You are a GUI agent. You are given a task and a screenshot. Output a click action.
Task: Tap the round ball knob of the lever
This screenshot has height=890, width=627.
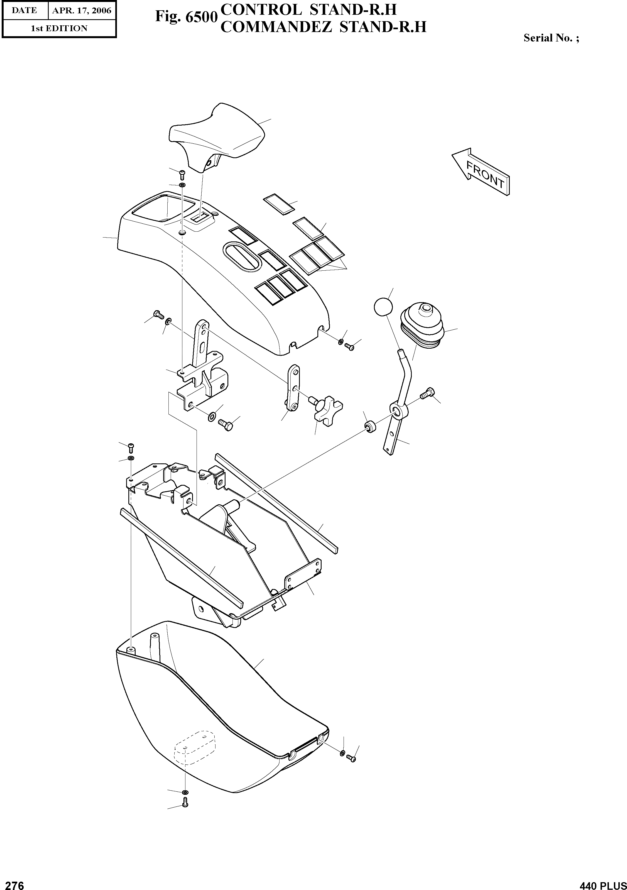pos(383,307)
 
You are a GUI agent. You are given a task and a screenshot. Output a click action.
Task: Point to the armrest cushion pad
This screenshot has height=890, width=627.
pos(217,131)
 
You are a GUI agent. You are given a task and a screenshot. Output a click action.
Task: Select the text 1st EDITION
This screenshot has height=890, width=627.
pos(59,28)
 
